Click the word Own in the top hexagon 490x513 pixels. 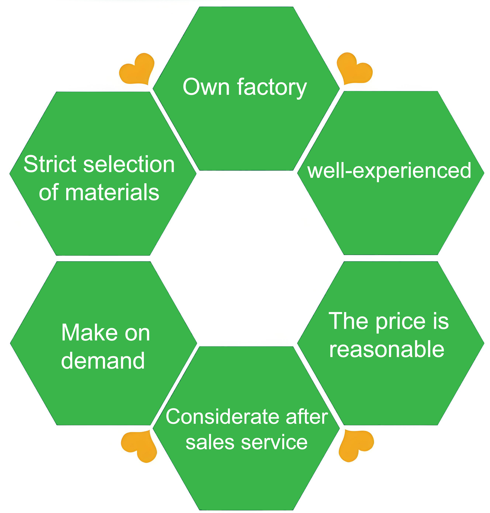coord(206,87)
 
